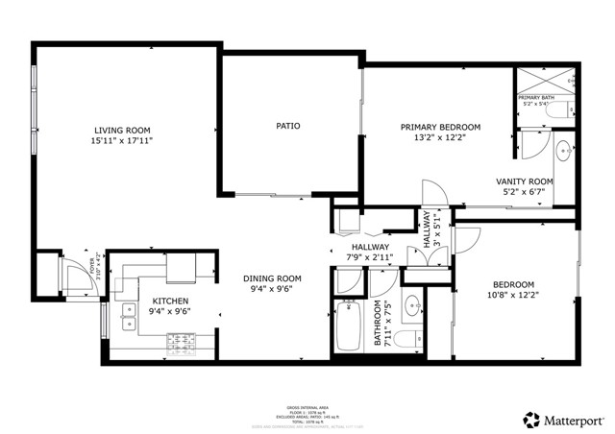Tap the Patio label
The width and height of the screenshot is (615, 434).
click(288, 126)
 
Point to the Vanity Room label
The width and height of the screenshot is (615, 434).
click(524, 181)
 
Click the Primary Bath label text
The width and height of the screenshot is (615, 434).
click(536, 98)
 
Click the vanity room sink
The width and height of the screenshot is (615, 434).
click(565, 150)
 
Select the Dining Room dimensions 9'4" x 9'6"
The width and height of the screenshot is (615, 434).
click(271, 288)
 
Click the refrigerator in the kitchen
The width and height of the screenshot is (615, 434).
click(181, 268)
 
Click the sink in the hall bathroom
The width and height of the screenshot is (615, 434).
click(412, 306)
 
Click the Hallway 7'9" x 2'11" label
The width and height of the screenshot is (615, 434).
click(369, 253)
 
